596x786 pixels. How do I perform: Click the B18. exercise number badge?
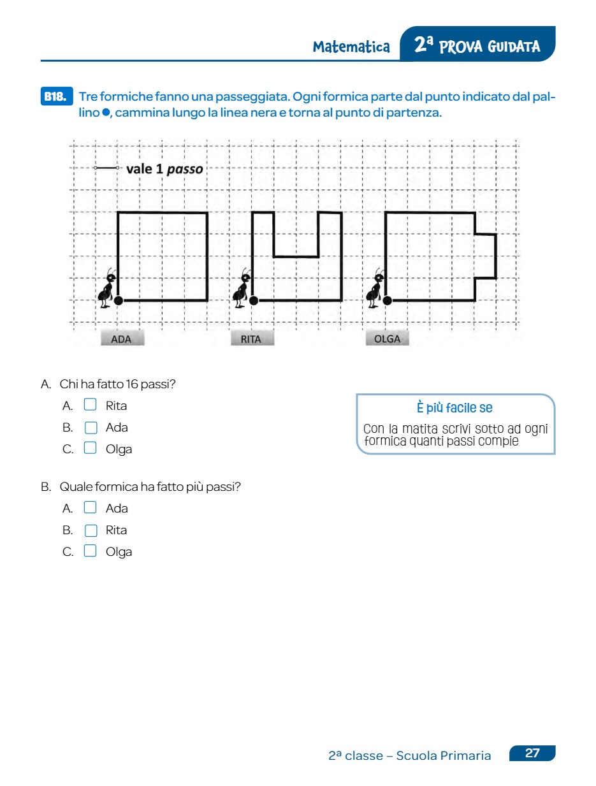click(55, 97)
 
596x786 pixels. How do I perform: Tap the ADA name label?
click(121, 339)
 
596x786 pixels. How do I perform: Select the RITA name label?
click(251, 339)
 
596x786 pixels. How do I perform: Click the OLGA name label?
click(387, 339)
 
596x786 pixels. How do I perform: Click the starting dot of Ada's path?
click(119, 300)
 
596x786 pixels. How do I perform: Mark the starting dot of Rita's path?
click(254, 300)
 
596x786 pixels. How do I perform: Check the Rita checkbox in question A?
click(91, 405)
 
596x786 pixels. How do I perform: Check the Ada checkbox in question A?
click(91, 427)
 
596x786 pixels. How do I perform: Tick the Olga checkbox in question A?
click(91, 448)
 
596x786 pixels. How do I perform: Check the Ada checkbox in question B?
click(91, 507)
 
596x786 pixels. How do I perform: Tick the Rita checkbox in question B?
click(91, 530)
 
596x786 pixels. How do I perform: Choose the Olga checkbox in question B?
click(91, 551)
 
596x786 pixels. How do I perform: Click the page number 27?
click(532, 753)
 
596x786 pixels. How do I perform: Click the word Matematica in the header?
click(351, 47)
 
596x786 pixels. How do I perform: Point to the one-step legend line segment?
click(106, 168)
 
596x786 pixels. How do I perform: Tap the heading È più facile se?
click(454, 408)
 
